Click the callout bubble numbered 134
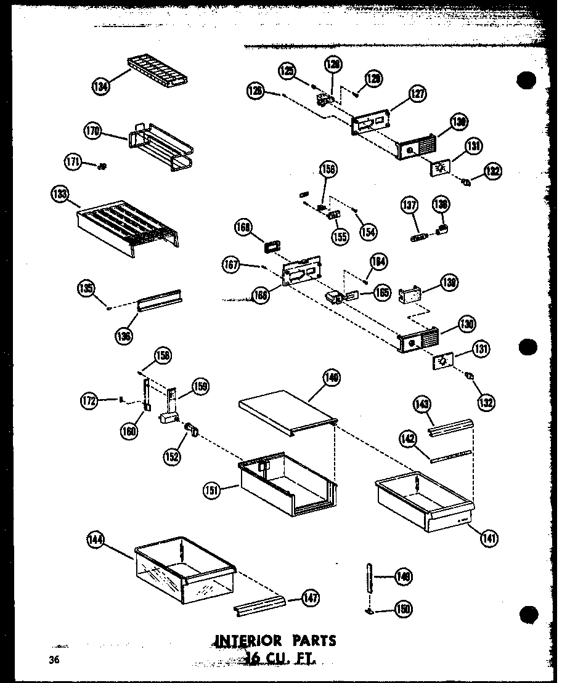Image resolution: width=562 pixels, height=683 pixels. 100,87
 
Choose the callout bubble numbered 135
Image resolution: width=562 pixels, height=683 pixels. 86,287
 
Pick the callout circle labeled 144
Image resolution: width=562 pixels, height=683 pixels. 96,542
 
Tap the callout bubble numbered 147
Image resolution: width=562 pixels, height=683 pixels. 311,597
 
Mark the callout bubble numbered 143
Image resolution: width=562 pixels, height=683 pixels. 422,404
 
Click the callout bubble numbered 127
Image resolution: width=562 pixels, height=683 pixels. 418,94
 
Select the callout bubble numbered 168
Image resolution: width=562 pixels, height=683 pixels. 244,228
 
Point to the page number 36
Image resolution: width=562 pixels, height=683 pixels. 55,660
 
